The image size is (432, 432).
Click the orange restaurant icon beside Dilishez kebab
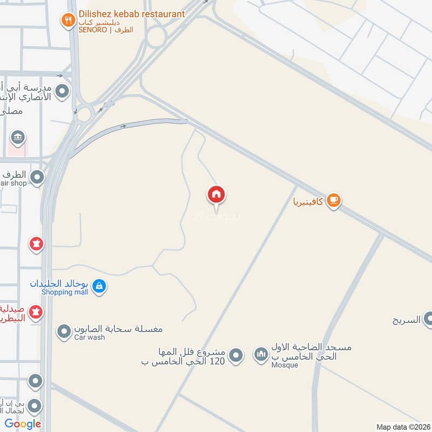pyautogui.click(x=68, y=21)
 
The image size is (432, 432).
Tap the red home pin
pyautogui.click(x=217, y=195)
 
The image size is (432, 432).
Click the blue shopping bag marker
pyautogui.click(x=99, y=287)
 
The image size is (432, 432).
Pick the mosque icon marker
pyautogui.click(x=262, y=355)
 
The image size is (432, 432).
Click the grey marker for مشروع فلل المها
pyautogui.click(x=235, y=355)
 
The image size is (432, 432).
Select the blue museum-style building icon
pyautogui.click(x=18, y=137)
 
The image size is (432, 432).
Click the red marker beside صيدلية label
pyautogui.click(x=36, y=313)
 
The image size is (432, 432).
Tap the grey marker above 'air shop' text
pyautogui.click(x=37, y=177)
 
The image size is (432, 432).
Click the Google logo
pyautogui.click(x=23, y=424)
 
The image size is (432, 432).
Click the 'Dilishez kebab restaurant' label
pyautogui.click(x=131, y=14)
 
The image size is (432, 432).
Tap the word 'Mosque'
pyautogui.click(x=285, y=365)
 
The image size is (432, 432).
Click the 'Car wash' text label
pyautogui.click(x=90, y=337)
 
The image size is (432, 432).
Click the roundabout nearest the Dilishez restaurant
pyautogui.click(x=157, y=37)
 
